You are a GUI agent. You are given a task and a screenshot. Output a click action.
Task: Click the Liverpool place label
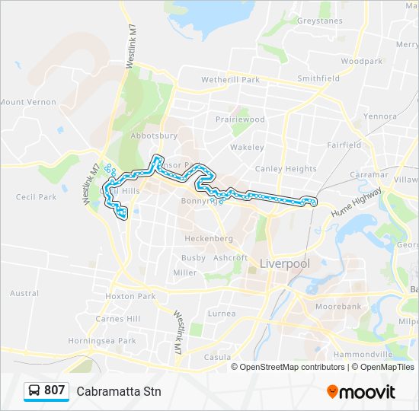[285, 264]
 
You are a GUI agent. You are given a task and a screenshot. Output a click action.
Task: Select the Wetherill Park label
[230, 79]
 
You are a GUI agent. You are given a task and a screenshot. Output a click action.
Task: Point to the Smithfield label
[318, 78]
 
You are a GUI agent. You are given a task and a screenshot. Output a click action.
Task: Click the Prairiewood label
[239, 119]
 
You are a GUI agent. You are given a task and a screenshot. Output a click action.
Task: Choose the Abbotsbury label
[154, 135]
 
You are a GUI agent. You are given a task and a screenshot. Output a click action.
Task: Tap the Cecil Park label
[36, 197]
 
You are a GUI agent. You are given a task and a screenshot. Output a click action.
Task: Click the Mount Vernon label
[28, 102]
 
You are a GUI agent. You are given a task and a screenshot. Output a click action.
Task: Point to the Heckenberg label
[209, 238]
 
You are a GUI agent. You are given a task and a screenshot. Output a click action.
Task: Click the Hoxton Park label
[130, 296]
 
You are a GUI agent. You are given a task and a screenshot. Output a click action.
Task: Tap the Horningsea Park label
[102, 341]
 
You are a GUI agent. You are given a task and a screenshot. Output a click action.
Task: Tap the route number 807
[54, 390]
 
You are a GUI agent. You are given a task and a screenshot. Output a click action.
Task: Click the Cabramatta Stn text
[119, 391]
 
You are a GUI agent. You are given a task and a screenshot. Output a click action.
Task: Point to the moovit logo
[361, 392]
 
